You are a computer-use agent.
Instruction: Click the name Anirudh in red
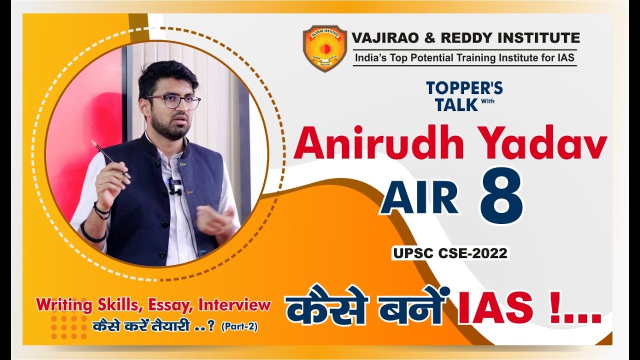[379, 144]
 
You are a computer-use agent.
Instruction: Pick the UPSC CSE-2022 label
[450, 253]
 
